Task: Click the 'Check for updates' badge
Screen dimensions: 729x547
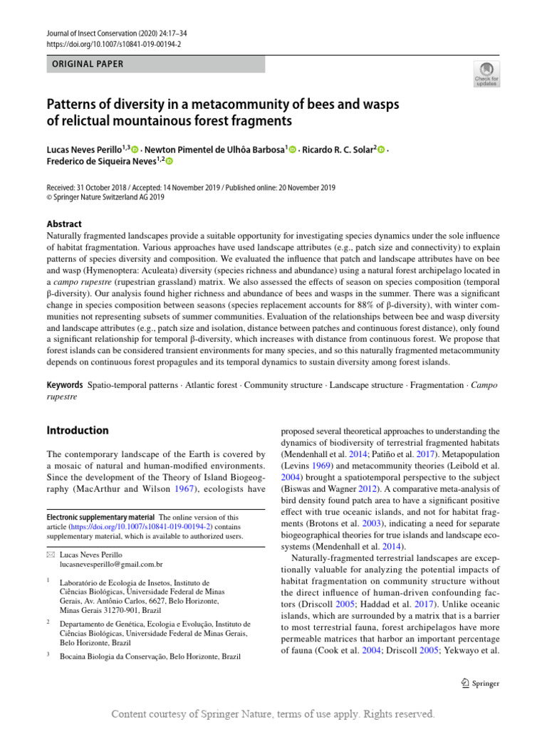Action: (486, 73)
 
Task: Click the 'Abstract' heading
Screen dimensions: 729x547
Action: (64, 224)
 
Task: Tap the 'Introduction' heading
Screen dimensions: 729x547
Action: (78, 430)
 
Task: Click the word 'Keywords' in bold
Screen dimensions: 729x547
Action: (65, 384)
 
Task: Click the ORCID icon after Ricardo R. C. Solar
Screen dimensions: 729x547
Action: (382, 150)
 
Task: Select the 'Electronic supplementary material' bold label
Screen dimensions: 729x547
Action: (100, 517)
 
